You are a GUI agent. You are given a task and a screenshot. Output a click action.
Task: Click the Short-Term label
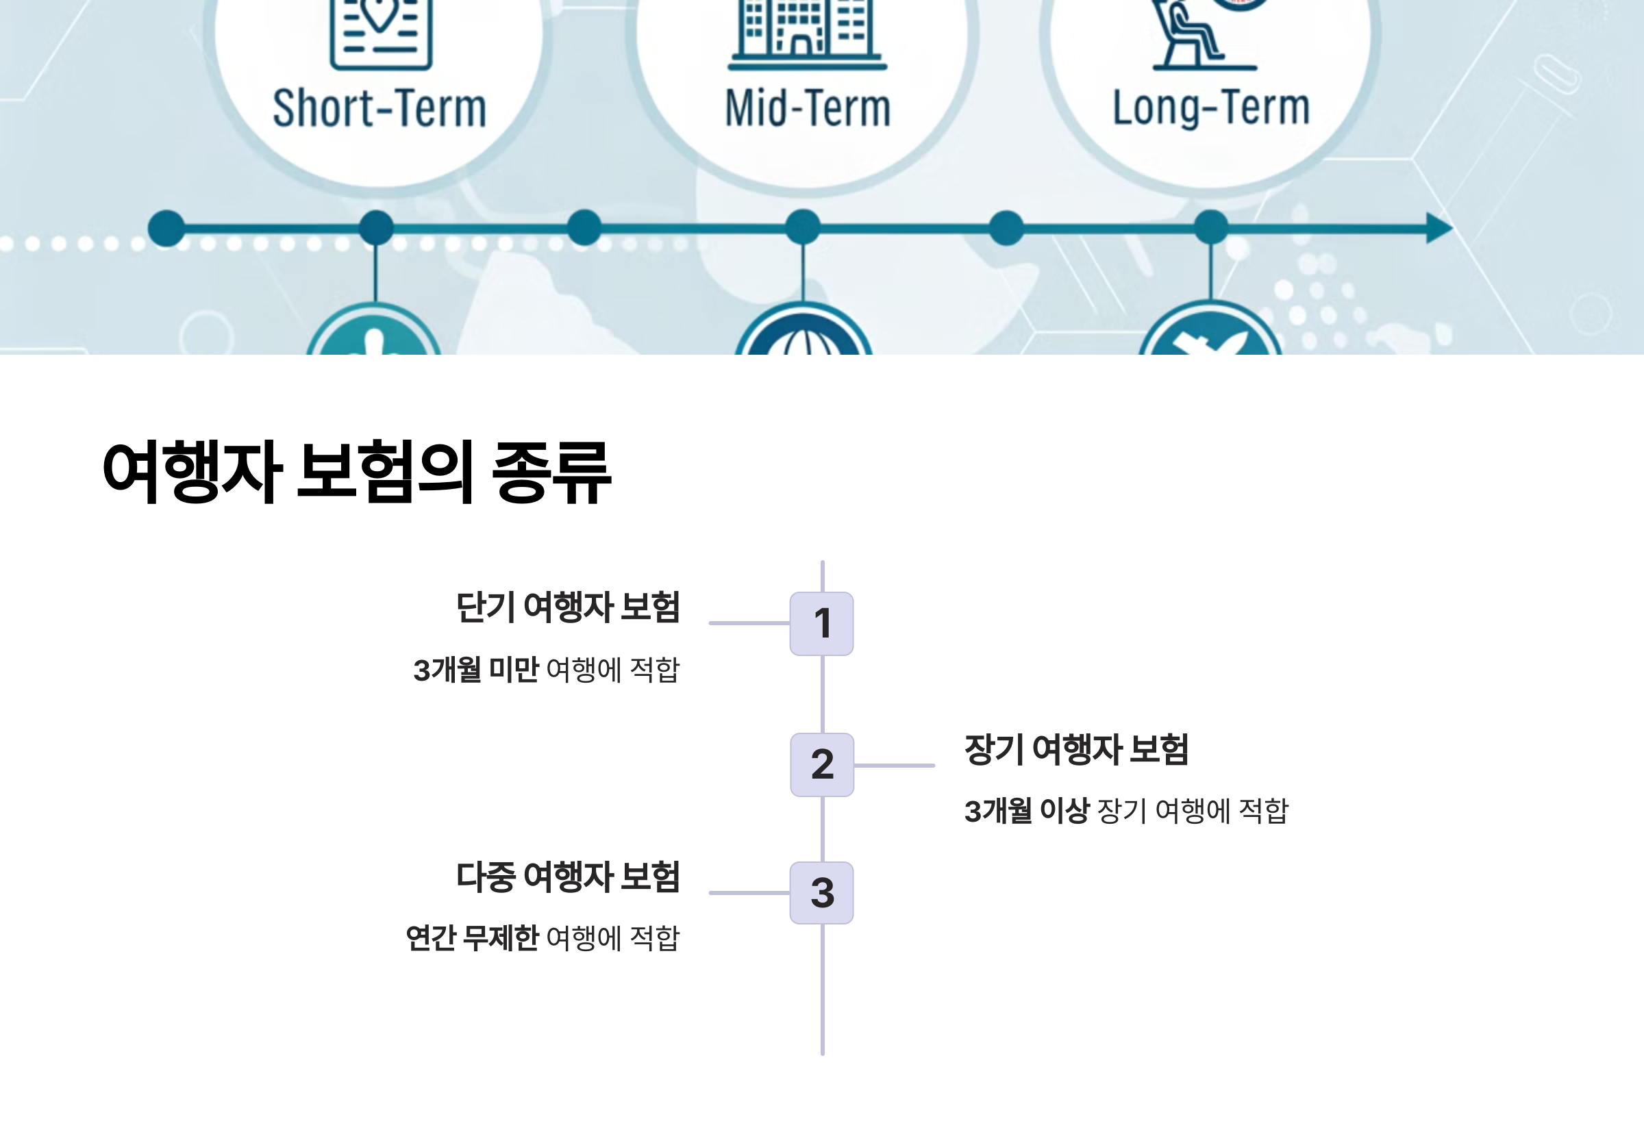pyautogui.click(x=379, y=109)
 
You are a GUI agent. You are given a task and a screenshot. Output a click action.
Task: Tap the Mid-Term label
pyautogui.click(x=808, y=109)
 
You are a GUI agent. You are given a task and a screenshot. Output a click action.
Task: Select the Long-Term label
pyautogui.click(x=1210, y=109)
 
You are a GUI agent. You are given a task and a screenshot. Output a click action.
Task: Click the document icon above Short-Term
pyautogui.click(x=381, y=32)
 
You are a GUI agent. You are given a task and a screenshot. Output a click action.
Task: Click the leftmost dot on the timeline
pyautogui.click(x=166, y=229)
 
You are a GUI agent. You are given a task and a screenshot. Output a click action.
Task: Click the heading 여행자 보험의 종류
pyautogui.click(x=357, y=472)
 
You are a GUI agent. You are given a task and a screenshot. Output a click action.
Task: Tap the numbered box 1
pyautogui.click(x=821, y=623)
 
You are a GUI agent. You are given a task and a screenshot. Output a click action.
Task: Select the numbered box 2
pyautogui.click(x=821, y=764)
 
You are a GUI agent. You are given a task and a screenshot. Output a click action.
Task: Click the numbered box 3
pyautogui.click(x=821, y=892)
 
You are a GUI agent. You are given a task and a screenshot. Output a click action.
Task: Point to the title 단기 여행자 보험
pyautogui.click(x=567, y=607)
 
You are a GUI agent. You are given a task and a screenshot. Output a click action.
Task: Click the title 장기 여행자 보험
pyautogui.click(x=1076, y=750)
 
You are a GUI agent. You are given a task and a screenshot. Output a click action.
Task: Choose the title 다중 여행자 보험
pyautogui.click(x=567, y=877)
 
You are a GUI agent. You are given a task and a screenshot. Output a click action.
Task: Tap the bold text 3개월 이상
pyautogui.click(x=1026, y=811)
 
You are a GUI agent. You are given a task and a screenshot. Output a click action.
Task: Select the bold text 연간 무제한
pyautogui.click(x=472, y=938)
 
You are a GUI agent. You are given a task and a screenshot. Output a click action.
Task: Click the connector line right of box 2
pyautogui.click(x=894, y=765)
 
